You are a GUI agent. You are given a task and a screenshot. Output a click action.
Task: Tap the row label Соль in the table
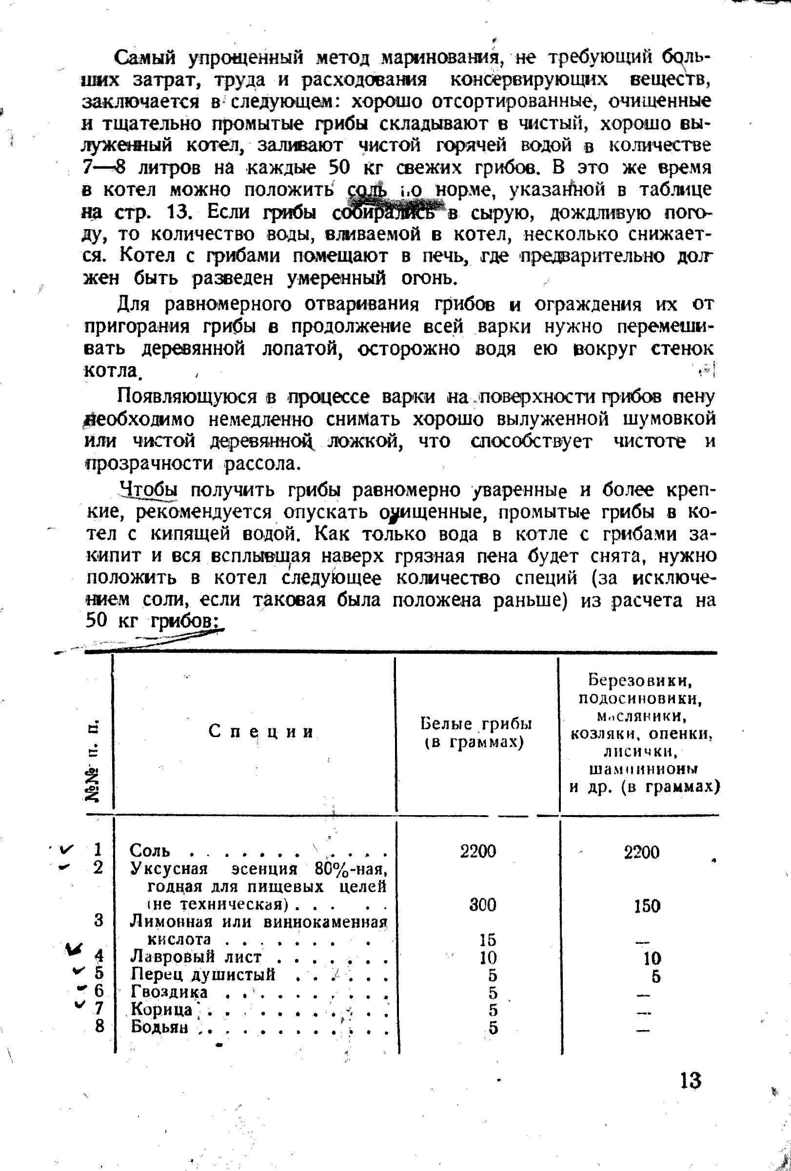point(150,851)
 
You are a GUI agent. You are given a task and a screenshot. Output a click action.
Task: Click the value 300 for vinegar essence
point(483,905)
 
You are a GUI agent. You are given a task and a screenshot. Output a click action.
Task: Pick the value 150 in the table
point(647,906)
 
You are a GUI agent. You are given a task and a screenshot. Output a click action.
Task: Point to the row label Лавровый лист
point(196,956)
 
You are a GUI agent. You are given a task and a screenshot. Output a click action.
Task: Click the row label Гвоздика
point(169,992)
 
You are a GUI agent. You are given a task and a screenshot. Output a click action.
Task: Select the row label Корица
point(162,1009)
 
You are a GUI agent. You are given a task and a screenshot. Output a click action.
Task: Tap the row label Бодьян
point(160,1026)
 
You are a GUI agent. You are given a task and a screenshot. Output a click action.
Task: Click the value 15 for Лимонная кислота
point(488,939)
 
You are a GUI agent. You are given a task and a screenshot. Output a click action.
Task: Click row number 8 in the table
point(99,1025)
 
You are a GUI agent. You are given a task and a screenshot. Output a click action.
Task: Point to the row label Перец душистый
point(203,974)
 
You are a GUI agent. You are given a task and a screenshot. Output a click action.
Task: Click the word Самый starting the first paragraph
point(146,59)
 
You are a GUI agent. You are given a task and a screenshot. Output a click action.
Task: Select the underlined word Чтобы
point(150,489)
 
